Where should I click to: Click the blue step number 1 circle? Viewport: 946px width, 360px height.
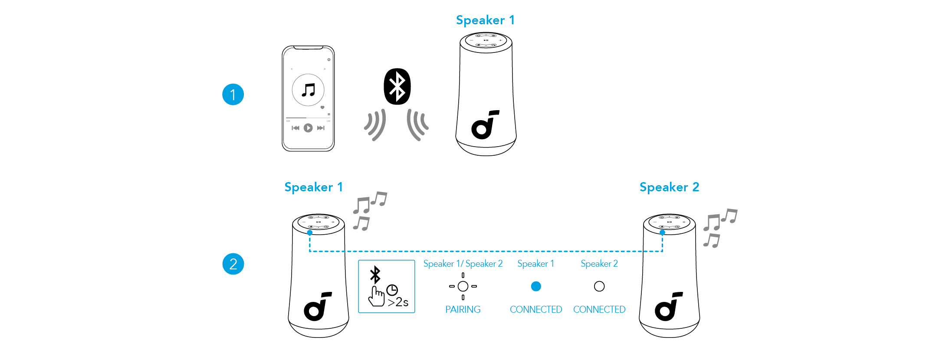(x=233, y=95)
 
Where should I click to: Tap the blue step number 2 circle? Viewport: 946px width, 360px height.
(x=233, y=264)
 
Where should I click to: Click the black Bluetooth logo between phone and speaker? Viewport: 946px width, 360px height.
(x=397, y=86)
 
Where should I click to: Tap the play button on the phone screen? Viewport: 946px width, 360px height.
(x=308, y=128)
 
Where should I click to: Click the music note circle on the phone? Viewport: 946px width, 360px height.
(x=308, y=90)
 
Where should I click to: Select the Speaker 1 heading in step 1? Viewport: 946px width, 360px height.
(x=485, y=20)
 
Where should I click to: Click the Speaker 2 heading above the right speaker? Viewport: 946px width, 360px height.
(x=669, y=187)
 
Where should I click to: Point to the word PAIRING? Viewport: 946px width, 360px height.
(x=463, y=309)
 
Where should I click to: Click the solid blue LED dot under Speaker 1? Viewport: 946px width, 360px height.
(x=536, y=286)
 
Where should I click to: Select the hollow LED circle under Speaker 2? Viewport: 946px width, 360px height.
(x=599, y=286)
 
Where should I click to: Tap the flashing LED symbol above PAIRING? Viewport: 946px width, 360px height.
(x=463, y=286)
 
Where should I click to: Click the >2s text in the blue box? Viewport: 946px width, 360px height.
(x=398, y=302)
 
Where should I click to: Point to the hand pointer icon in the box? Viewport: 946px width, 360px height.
(x=376, y=296)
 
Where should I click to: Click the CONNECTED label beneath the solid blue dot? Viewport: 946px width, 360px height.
(x=536, y=309)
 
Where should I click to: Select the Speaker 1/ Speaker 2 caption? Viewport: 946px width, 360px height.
(x=463, y=264)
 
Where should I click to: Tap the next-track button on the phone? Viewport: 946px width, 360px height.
(x=321, y=128)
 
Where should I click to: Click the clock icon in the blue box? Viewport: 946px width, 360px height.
(x=392, y=290)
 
